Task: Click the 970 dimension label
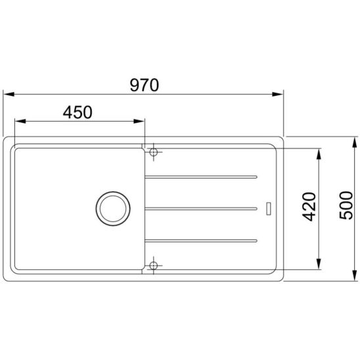(144, 85)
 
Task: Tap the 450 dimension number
(78, 112)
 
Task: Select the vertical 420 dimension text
(309, 207)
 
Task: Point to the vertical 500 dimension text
(346, 205)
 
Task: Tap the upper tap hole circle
(153, 152)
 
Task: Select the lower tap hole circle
(153, 265)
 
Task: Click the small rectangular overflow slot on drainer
(269, 209)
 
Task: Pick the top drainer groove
(201, 177)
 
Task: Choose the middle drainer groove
(201, 209)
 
